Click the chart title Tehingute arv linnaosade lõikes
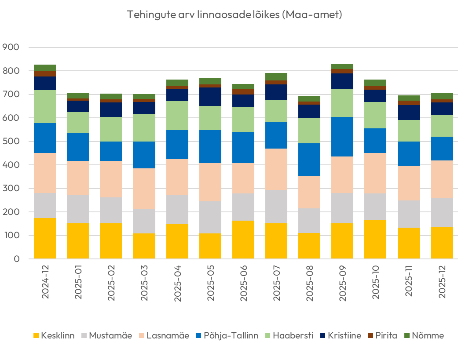234,15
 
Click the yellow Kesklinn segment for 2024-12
45,238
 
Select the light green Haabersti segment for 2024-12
45,107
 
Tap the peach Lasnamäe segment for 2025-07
276,169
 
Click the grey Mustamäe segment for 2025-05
210,217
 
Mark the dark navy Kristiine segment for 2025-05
210,97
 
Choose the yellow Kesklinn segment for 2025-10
375,239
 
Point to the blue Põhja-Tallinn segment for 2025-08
309,160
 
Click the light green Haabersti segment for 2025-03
144,127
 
